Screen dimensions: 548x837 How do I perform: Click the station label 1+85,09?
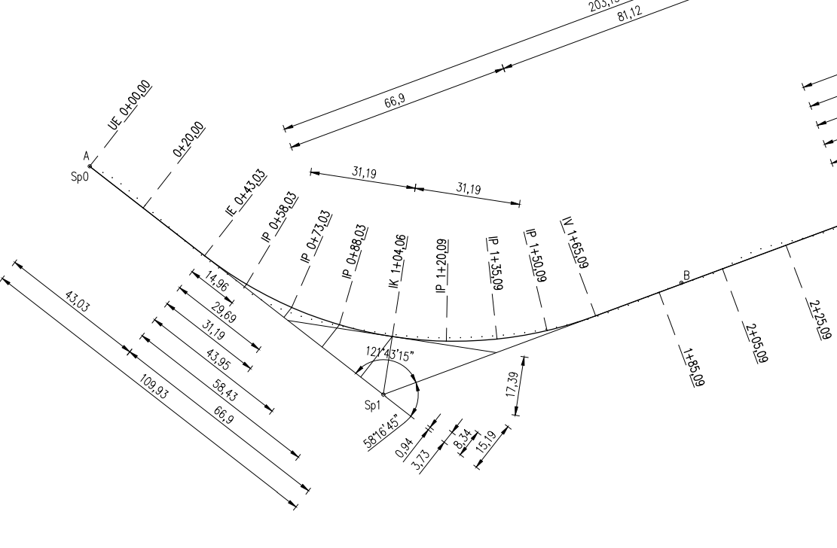click(691, 367)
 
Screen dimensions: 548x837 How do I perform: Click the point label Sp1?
click(373, 406)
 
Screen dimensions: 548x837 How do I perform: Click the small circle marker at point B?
click(682, 282)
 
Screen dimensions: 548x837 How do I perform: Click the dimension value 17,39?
click(512, 386)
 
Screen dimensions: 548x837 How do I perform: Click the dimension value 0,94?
click(405, 449)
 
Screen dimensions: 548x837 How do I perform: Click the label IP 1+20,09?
click(441, 266)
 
